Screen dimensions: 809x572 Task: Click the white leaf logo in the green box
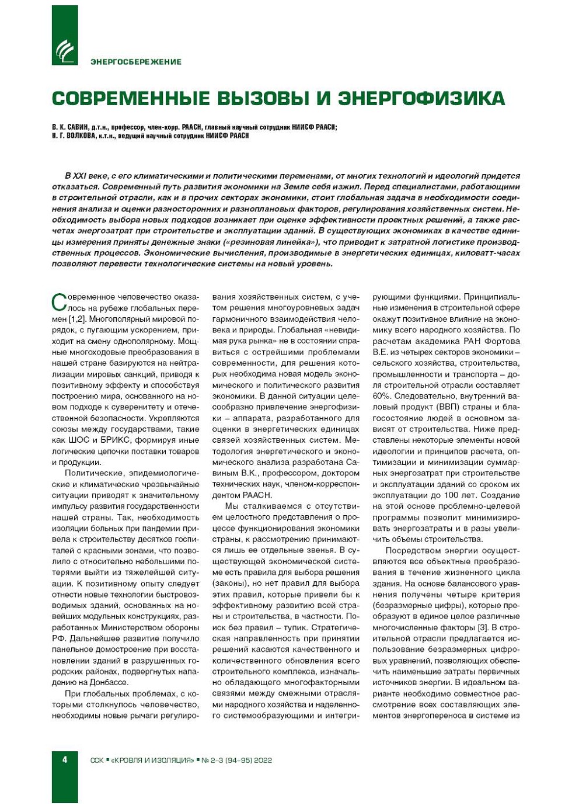[65, 51]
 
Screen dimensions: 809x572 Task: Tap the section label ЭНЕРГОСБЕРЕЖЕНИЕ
[135, 62]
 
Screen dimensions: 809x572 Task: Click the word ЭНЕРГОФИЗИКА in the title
[421, 98]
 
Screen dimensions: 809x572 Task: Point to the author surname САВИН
[79, 127]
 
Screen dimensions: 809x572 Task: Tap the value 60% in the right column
[382, 396]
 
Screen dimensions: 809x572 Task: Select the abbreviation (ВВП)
[449, 407]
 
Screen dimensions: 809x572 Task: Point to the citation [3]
[483, 627]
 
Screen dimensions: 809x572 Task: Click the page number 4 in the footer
[65, 759]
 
